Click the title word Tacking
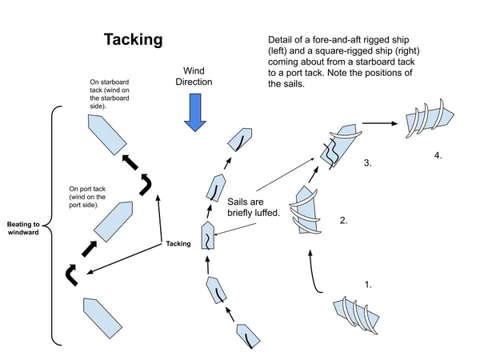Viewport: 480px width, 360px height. [x=133, y=39]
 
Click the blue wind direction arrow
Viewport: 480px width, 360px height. [x=194, y=111]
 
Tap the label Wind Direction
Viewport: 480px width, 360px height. [x=194, y=77]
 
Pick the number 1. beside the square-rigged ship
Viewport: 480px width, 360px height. [x=370, y=284]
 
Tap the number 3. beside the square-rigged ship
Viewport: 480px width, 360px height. [x=367, y=163]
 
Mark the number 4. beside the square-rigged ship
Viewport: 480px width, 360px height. [x=438, y=154]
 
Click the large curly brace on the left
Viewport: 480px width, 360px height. [x=50, y=226]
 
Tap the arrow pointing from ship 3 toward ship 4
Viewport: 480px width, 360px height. [x=380, y=123]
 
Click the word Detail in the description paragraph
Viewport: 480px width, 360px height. [x=284, y=42]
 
